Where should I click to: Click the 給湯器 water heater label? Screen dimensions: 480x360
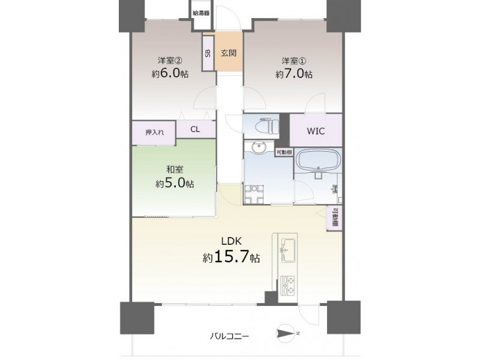click(201, 13)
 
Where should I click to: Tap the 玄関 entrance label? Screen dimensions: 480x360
click(229, 53)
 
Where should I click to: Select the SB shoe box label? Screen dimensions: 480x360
click(208, 53)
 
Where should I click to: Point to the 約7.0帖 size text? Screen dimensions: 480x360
click(294, 74)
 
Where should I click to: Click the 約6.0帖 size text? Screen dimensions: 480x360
click(170, 74)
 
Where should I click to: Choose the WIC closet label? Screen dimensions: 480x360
click(316, 131)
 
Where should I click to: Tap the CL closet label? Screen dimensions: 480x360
click(195, 129)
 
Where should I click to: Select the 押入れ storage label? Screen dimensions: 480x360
click(154, 133)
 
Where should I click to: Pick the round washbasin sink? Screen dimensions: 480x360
click(259, 148)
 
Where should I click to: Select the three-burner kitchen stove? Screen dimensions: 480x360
click(288, 286)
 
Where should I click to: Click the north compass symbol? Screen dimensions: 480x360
click(287, 333)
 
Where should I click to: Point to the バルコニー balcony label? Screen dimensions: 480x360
click(230, 337)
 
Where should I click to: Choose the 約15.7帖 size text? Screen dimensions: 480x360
click(232, 257)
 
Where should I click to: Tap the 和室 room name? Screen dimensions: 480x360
click(175, 170)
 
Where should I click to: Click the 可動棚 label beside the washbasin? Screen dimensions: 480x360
click(284, 152)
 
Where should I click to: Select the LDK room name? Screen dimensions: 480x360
click(232, 241)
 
